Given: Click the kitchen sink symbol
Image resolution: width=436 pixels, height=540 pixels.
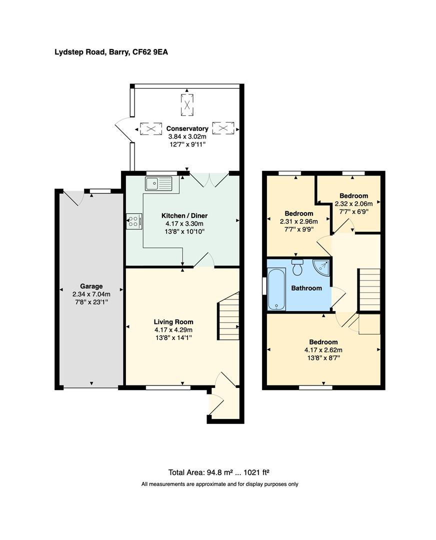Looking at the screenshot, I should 158,184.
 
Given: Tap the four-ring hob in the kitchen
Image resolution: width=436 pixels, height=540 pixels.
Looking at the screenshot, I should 134,221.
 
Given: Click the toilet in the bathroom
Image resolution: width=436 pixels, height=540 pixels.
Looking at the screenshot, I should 298,267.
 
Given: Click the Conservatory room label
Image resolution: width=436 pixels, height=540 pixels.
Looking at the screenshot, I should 187,128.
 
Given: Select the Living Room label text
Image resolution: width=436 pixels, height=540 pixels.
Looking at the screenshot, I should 173,322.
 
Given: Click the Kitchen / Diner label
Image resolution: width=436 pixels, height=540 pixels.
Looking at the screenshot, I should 184,215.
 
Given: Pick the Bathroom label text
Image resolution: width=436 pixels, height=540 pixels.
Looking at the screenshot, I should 306,288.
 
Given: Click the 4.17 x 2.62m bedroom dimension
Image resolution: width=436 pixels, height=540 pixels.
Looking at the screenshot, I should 323,350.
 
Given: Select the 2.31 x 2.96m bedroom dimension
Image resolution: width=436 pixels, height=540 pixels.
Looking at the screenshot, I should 296,221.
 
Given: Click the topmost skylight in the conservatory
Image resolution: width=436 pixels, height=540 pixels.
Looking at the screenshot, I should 187,104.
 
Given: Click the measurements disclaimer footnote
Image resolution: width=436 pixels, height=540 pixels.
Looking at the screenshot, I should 219,484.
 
